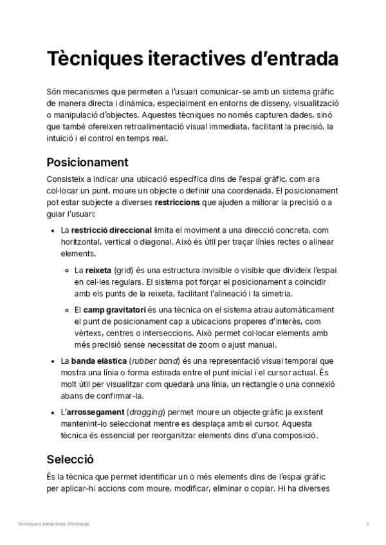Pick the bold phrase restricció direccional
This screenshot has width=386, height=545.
[x=112, y=230]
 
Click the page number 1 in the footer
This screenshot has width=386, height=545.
[x=367, y=524]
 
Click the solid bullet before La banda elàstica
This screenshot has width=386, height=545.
[x=52, y=361]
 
